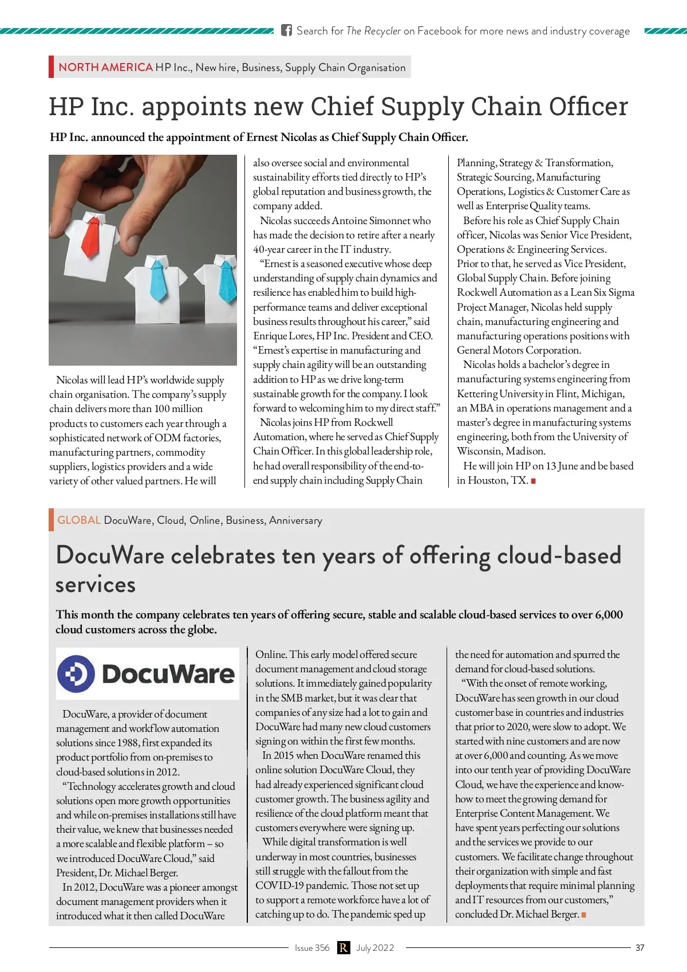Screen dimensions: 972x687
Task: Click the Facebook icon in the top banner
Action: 287,30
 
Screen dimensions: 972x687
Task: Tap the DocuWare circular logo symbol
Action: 76,674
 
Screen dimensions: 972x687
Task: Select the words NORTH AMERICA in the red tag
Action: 105,67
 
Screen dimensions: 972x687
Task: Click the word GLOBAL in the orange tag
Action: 79,520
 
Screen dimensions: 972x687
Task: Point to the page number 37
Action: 639,947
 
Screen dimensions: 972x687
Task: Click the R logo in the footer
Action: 343,947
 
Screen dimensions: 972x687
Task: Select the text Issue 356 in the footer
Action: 312,947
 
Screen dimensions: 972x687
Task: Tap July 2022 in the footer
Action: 375,947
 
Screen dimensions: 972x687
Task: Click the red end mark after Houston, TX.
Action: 534,481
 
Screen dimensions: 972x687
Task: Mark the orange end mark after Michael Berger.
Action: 583,915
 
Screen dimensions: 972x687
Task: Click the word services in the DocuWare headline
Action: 96,585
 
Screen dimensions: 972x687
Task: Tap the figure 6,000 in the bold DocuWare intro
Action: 609,614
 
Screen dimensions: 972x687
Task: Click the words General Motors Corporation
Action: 519,350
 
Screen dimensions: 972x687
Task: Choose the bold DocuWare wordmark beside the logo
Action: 168,674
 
